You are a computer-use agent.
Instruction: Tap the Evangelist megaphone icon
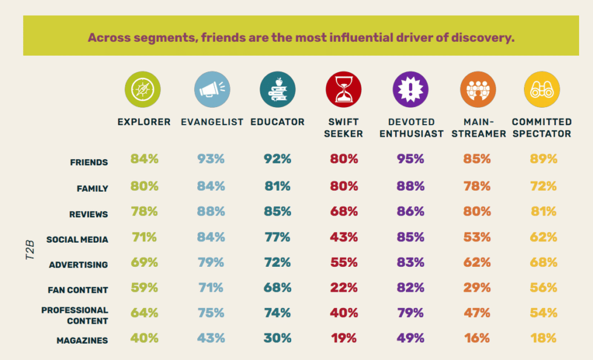[x=212, y=90]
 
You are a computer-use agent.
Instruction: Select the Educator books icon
[x=278, y=90]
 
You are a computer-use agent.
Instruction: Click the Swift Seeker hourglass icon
[x=343, y=90]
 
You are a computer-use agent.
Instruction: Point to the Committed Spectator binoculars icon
[x=542, y=90]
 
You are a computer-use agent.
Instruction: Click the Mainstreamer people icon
[x=478, y=90]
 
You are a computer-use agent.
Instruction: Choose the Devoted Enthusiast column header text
[x=411, y=128]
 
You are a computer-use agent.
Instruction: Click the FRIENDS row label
[x=89, y=163]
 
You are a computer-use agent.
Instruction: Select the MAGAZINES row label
[x=82, y=341]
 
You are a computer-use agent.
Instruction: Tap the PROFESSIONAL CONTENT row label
[x=75, y=315]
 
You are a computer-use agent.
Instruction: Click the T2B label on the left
[x=30, y=250]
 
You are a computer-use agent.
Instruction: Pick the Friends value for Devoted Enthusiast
[x=411, y=160]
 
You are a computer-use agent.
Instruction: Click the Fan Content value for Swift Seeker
[x=343, y=288]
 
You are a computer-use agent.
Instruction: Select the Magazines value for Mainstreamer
[x=477, y=338]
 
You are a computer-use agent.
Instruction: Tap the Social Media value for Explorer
[x=144, y=237]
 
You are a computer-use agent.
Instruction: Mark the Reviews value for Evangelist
[x=211, y=212]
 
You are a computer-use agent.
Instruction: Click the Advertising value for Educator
[x=278, y=263]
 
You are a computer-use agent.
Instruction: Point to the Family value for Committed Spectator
[x=543, y=186]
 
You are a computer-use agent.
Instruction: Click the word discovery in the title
[x=480, y=38]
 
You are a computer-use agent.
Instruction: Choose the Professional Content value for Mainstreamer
[x=477, y=313]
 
